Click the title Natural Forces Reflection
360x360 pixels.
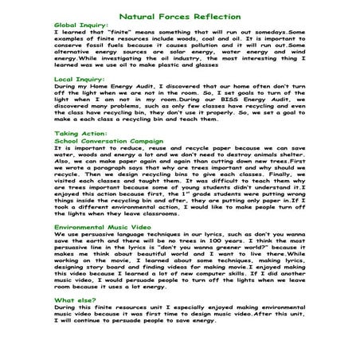(179, 16)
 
